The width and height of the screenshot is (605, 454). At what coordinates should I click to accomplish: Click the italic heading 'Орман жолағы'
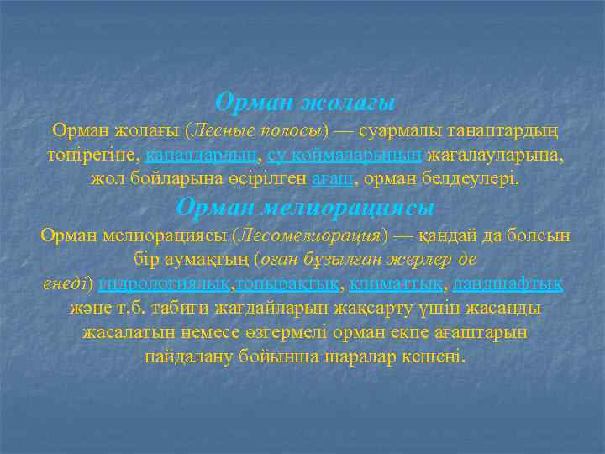click(x=304, y=103)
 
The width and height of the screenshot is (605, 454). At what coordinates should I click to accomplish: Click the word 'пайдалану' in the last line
click(x=185, y=356)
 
